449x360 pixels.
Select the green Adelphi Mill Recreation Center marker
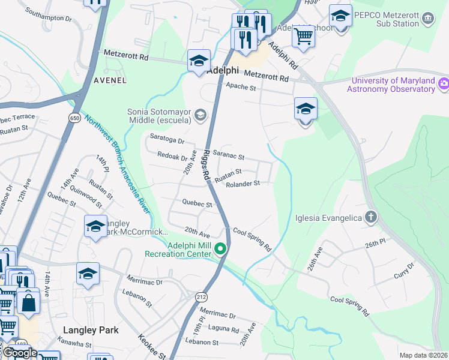point(221,248)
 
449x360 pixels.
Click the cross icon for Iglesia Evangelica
point(371,217)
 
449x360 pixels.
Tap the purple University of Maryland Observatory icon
point(444,83)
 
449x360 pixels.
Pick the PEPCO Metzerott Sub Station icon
point(428,18)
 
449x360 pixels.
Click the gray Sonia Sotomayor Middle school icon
point(200,115)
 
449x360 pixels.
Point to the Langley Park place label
point(91,330)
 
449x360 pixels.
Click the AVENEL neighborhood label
point(110,80)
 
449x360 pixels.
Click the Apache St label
point(241,88)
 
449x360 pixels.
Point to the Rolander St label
point(243,184)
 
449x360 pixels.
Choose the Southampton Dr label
point(49,18)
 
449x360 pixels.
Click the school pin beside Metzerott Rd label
point(199,61)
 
